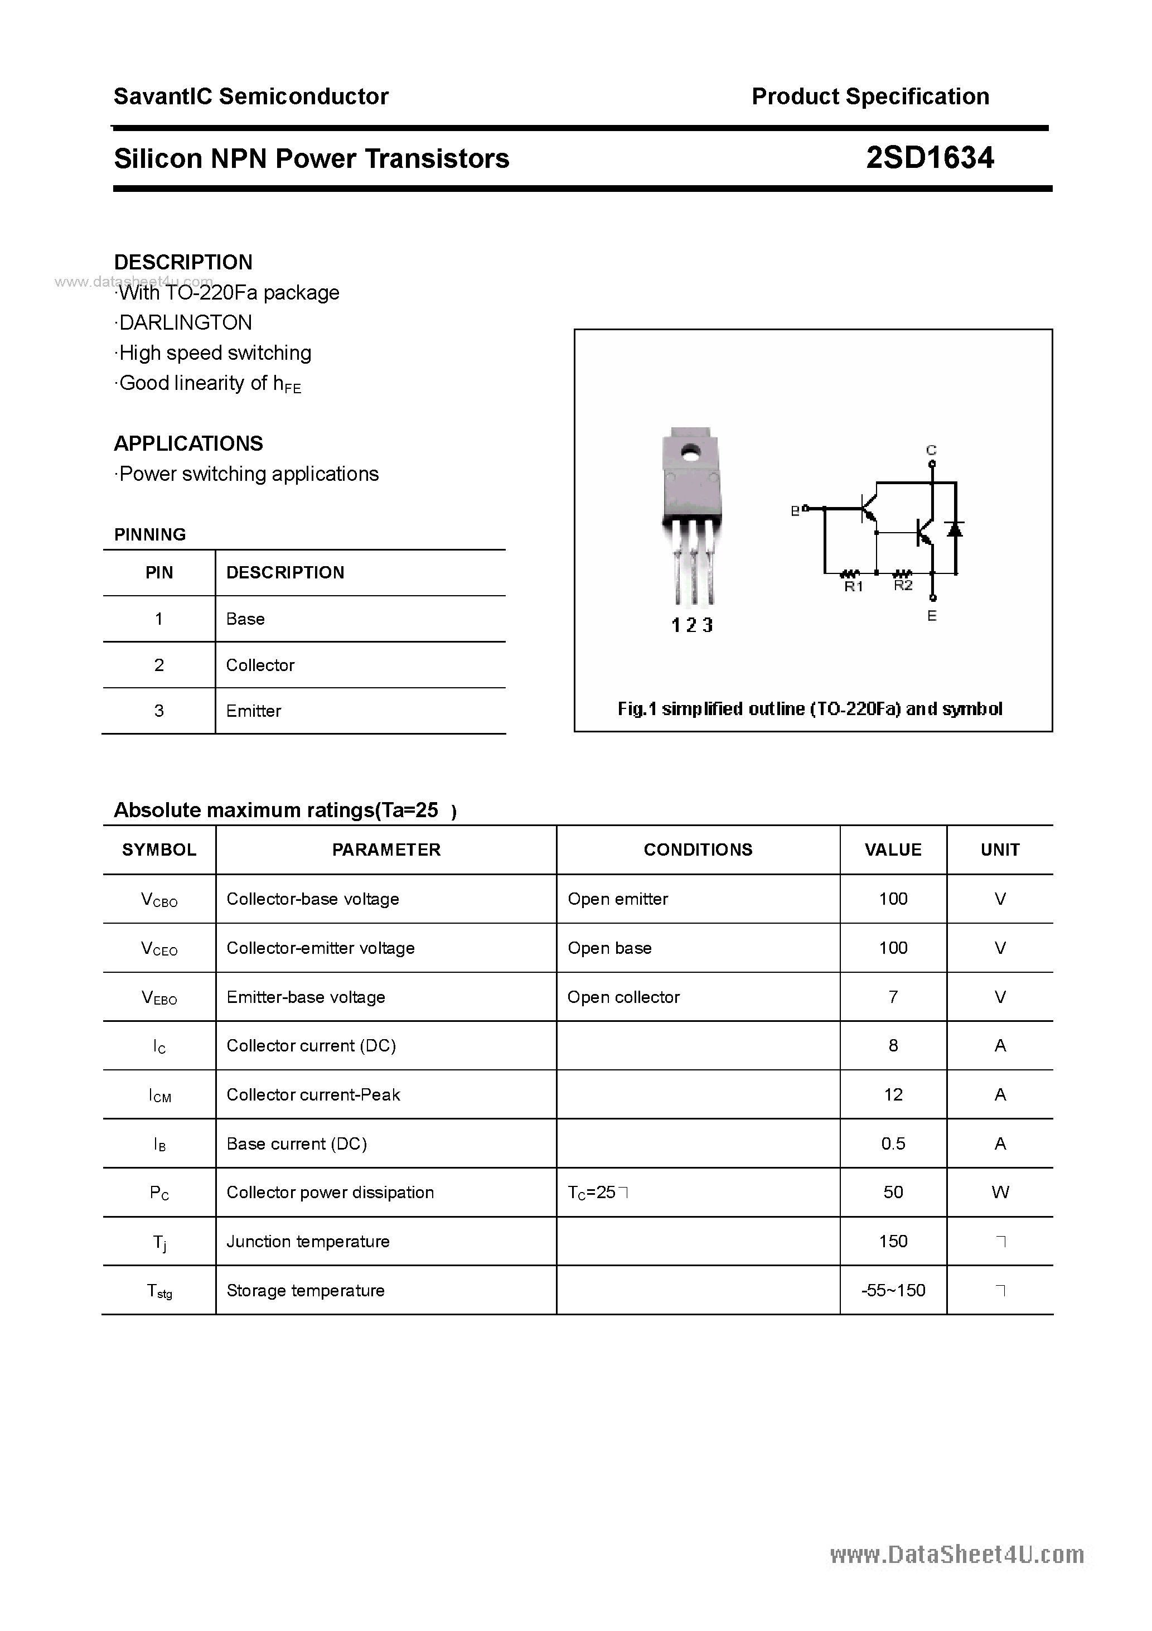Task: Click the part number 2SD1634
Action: pos(930,158)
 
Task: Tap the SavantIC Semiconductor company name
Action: pos(251,96)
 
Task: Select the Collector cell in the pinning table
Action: pos(260,665)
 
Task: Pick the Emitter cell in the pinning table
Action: pos(254,711)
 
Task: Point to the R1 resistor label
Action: pos(853,587)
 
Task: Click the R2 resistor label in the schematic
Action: pos(903,585)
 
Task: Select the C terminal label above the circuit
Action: pos(931,450)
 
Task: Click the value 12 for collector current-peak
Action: pos(893,1094)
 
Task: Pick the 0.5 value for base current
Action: pos(893,1143)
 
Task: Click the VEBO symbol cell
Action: pos(159,997)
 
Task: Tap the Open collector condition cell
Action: pos(623,997)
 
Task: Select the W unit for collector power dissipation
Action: pos(1000,1193)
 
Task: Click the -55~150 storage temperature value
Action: pos(893,1290)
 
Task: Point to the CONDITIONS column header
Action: pos(698,850)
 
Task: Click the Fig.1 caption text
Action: pos(810,708)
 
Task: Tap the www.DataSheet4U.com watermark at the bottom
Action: pos(957,1555)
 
